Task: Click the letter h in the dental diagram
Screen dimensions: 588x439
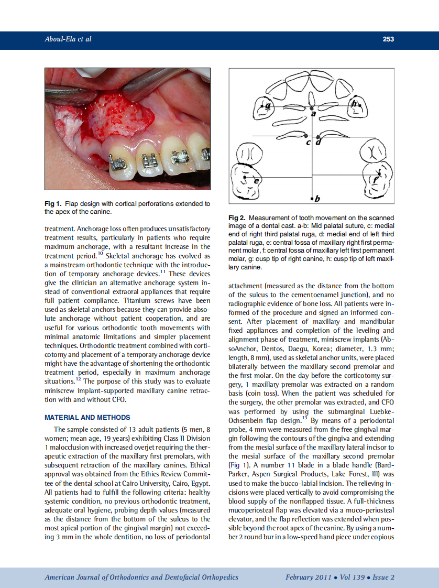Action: coord(355,104)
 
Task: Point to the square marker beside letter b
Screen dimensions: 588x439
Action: coord(312,198)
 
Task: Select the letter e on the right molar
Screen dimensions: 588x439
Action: coord(256,181)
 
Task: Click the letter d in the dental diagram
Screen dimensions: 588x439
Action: coord(319,141)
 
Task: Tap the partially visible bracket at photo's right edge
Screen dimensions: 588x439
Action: coord(206,154)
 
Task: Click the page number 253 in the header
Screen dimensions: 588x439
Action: coord(388,39)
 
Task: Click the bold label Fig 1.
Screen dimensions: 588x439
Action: coord(53,204)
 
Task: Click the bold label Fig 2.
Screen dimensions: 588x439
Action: coord(237,217)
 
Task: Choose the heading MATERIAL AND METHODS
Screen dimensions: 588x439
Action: coord(87,418)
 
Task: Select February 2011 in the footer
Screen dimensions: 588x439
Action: coord(308,578)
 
